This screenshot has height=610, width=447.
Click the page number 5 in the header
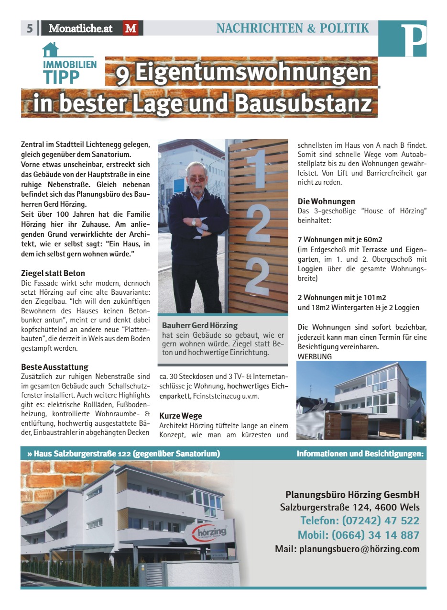29,28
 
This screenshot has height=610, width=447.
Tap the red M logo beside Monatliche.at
131,28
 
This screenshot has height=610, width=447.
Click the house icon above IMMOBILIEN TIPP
50,49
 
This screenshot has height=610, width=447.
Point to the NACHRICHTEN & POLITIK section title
293,28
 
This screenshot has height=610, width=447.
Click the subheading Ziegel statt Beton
53,273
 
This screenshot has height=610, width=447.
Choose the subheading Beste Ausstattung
55,366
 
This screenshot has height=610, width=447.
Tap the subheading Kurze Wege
181,416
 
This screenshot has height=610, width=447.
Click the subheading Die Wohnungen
327,201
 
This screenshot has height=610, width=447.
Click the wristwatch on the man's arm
194,222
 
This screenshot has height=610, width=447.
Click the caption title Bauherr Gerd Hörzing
200,325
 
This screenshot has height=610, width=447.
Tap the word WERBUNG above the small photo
315,356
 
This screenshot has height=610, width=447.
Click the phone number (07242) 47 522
360,521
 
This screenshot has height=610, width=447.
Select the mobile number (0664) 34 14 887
358,535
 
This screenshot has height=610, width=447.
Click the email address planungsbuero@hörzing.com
347,549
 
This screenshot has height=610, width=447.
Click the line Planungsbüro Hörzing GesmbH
352,495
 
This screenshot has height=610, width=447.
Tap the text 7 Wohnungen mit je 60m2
340,240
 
